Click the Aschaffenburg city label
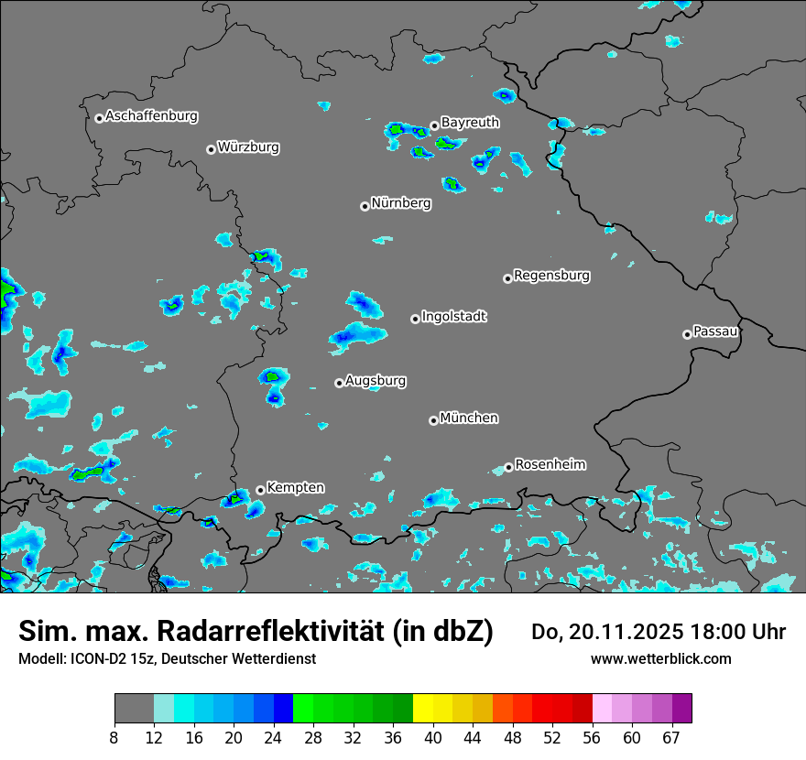point(151,116)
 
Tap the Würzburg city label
point(248,147)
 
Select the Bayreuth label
point(470,123)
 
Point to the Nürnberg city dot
point(365,206)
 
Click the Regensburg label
point(551,276)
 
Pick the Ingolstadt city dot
point(415,319)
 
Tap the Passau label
point(715,331)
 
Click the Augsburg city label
point(376,381)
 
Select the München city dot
point(433,420)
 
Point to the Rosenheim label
point(550,465)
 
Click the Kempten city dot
point(260,490)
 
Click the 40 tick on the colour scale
point(433,738)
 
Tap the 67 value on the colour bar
point(671,738)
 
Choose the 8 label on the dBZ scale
point(115,738)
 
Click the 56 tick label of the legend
point(592,738)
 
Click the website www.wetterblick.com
point(660,658)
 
